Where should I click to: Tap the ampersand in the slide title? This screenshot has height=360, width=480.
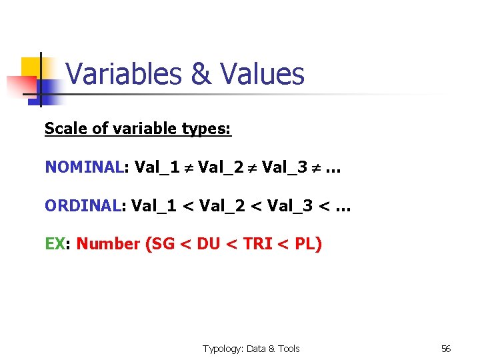tap(201, 74)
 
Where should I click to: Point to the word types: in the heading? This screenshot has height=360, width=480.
tap(206, 129)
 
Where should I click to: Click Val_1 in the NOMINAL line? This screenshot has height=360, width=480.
tap(157, 167)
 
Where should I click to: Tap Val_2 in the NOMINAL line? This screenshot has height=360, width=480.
tap(221, 167)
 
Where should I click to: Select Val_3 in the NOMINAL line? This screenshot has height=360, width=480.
tap(285, 167)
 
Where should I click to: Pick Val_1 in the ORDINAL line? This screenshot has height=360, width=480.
tap(154, 206)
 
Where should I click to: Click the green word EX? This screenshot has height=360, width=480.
tap(54, 244)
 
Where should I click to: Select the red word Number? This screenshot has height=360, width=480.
tap(108, 244)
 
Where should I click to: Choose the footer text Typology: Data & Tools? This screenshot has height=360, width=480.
tap(251, 349)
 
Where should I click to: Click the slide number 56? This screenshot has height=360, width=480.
tap(446, 349)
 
